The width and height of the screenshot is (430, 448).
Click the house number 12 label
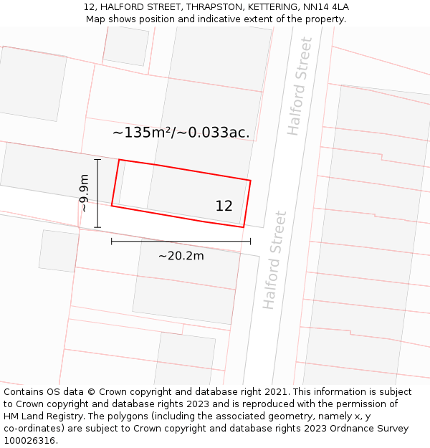pos(224,206)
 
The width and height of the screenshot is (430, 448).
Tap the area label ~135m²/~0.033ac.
pos(181,132)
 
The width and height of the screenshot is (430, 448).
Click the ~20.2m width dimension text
pos(181,256)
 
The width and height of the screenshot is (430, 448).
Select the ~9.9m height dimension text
pos(84,193)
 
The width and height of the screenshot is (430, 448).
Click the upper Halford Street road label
pos(300,87)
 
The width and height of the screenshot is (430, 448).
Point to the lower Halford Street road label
pos(274,259)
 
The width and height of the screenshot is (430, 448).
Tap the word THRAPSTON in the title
pos(214,6)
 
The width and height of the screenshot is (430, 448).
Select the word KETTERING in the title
pos(272,6)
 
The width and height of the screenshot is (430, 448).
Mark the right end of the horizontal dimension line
pos(250,242)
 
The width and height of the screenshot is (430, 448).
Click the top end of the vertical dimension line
pos(97,159)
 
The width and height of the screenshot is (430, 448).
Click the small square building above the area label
pos(126,45)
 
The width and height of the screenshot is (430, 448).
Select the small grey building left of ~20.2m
pos(58,251)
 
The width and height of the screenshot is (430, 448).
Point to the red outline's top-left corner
pos(119,160)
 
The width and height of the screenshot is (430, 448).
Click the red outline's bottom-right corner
pos(244,227)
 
